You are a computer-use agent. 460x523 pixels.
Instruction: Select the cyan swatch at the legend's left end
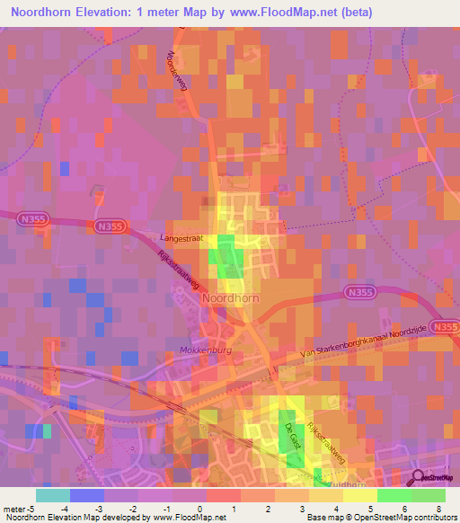coord(52,495)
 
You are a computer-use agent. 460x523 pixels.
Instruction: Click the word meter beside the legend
coord(15,509)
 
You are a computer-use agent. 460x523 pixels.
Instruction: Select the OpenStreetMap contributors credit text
coord(396,519)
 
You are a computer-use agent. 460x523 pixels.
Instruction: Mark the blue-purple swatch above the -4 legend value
coord(86,495)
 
